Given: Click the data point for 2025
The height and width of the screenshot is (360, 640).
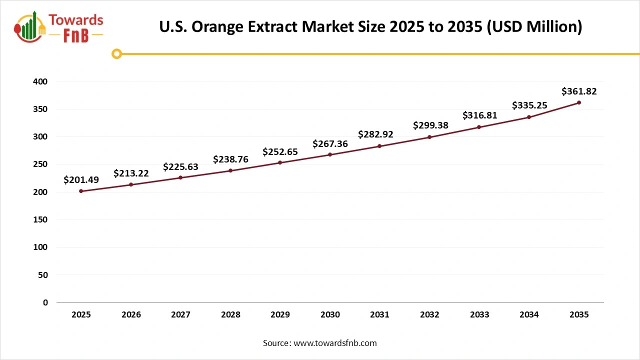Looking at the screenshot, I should coord(81,191).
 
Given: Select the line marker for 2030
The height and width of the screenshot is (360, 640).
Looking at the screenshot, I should coord(330,154).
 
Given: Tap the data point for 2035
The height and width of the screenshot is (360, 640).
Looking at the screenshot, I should coord(579,102).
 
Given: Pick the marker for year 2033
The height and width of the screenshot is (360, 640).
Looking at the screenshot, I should coord(479,127).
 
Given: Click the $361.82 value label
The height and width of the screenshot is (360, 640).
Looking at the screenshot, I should coord(579,91).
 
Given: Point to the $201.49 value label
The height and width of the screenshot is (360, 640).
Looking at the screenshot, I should coord(81,180).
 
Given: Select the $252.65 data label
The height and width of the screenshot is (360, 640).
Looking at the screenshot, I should coord(280,151).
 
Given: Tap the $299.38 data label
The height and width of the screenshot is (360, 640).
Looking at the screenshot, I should coord(430,125).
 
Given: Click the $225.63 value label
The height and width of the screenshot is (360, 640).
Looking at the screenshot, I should coord(180,166).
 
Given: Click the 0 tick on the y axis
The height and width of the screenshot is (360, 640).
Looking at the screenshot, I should coord(45,302).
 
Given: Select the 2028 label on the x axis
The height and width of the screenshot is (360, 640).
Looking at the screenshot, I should coord(230,315).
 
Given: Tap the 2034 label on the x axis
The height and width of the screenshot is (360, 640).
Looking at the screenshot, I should coord(529,315).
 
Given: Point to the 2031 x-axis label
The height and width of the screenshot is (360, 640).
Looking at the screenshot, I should coord(380,315).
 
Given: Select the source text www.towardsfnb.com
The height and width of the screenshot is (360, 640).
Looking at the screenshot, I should coord(335,343).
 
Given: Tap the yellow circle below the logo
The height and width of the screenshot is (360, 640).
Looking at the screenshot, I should coord(116,53).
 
